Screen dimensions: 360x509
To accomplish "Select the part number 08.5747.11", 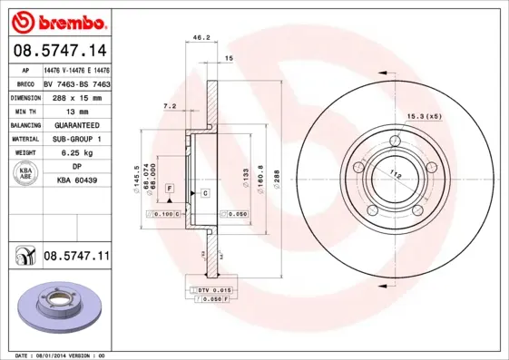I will [x=76, y=258].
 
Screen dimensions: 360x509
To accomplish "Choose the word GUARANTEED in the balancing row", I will [x=76, y=124].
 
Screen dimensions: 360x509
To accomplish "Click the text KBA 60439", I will [x=76, y=180].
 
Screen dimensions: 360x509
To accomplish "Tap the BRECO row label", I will [x=25, y=83].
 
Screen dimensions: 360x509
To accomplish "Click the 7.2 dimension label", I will [x=169, y=106].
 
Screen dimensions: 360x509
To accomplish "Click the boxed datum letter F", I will [x=169, y=188].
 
